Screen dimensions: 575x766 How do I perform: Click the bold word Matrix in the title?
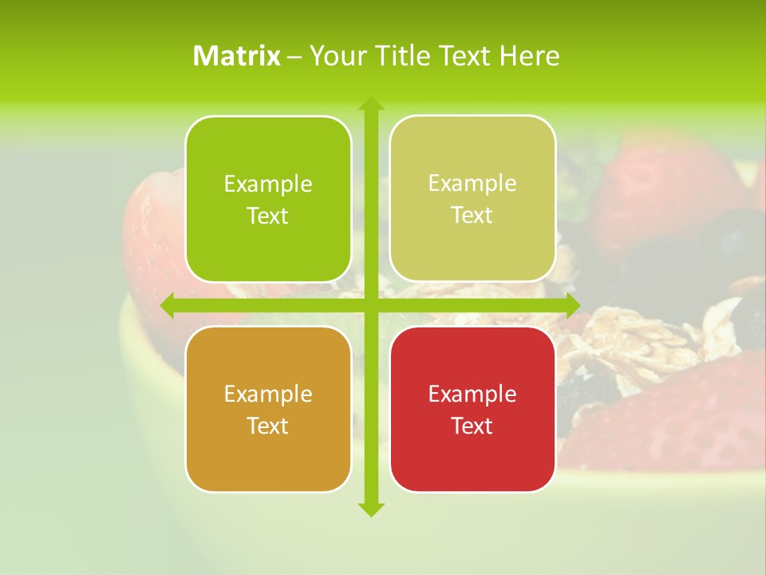[x=237, y=56]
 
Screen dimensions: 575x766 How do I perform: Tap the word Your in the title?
[x=334, y=56]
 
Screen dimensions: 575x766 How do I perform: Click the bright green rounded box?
[x=268, y=199]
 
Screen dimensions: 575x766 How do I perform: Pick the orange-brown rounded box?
[x=268, y=409]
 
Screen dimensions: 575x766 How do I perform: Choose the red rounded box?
[x=472, y=409]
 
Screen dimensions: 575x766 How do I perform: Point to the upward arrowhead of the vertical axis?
[x=370, y=104]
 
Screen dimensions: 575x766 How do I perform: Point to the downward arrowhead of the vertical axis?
[x=370, y=509]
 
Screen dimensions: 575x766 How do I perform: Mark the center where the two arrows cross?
[x=370, y=306]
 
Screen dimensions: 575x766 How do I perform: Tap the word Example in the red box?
[x=472, y=394]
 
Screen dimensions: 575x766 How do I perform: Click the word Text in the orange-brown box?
[x=267, y=426]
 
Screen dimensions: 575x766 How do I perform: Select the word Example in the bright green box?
[x=268, y=184]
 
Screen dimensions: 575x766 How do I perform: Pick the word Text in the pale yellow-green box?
[x=472, y=215]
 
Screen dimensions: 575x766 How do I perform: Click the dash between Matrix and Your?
[x=294, y=57]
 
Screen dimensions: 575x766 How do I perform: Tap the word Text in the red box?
[x=472, y=426]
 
